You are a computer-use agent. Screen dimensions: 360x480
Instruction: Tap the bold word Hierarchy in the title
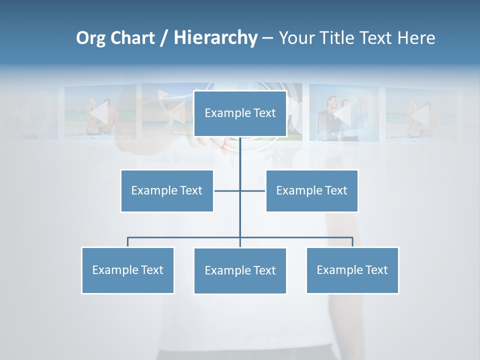tap(215, 38)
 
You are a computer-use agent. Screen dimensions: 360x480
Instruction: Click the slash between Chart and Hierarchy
tap(164, 38)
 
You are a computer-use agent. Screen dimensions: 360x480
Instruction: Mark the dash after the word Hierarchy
tap(267, 38)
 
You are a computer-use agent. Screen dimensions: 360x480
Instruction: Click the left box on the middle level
tap(167, 190)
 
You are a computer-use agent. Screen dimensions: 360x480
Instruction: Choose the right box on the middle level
tap(312, 190)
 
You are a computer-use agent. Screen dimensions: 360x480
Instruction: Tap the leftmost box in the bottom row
tap(128, 270)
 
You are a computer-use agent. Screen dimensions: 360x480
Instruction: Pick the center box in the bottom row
tap(240, 270)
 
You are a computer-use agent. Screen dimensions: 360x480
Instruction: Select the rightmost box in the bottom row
tap(352, 270)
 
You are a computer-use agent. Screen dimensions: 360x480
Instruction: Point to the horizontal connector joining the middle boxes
tap(227, 190)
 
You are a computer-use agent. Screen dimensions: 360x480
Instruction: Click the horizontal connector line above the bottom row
tap(185, 237)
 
